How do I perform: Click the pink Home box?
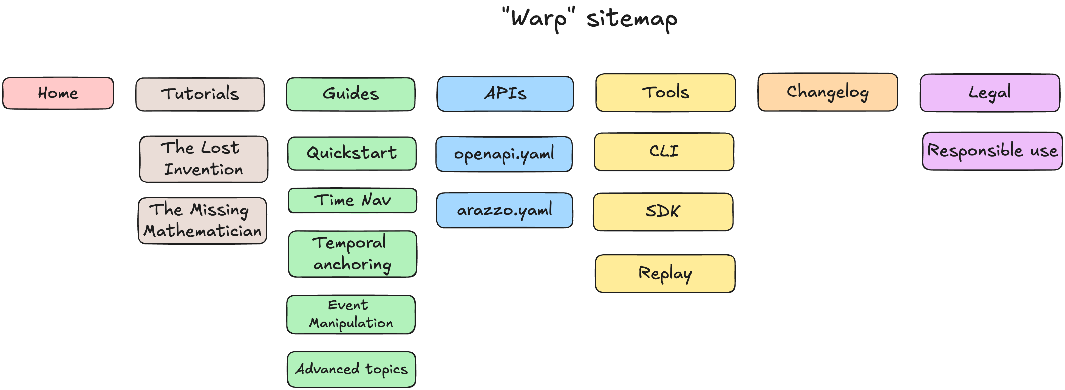(x=58, y=93)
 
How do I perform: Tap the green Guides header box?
(x=351, y=94)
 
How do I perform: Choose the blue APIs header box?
(x=505, y=94)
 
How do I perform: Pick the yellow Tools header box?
(x=666, y=92)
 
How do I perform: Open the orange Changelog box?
(x=828, y=92)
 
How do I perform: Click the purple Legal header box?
(x=990, y=93)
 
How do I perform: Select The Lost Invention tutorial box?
(x=203, y=159)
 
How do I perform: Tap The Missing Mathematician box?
(x=202, y=221)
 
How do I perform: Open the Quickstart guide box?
(x=352, y=154)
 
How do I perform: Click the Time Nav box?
(x=352, y=201)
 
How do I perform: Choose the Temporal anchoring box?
(x=352, y=254)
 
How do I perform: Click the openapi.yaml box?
(x=504, y=154)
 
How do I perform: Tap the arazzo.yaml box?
(x=504, y=210)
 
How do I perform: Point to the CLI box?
(x=664, y=152)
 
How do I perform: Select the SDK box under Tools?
(x=663, y=211)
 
